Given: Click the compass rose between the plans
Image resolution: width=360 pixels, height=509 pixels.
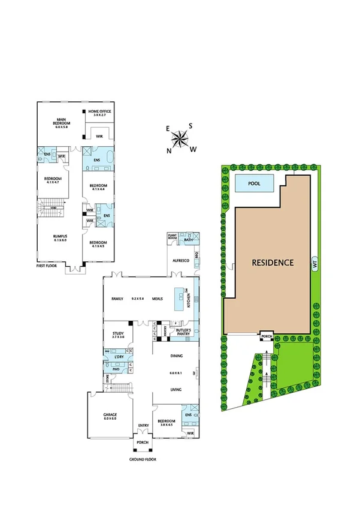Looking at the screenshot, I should click(180, 139).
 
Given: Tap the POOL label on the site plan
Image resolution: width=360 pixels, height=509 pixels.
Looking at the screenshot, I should click(254, 184).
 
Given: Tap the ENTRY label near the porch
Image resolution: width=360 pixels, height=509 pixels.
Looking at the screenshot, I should click(143, 426).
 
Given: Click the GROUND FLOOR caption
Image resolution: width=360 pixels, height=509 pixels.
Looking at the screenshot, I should click(143, 460).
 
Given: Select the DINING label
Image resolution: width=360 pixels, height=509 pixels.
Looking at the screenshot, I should click(176, 356).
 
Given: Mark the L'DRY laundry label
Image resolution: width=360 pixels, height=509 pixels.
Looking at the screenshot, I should click(119, 359).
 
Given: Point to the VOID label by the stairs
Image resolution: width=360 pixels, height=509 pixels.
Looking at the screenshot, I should click(53, 208).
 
